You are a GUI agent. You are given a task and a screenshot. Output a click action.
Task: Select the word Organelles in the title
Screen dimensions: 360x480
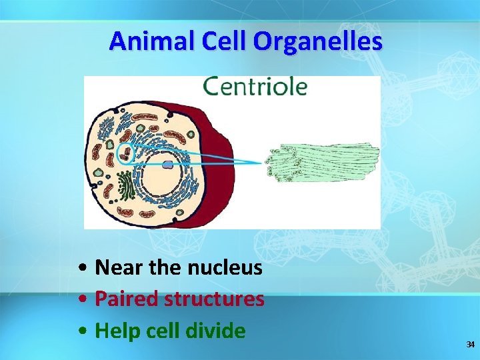(x=318, y=41)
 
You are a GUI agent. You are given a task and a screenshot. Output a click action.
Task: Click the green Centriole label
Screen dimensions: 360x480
(x=255, y=87)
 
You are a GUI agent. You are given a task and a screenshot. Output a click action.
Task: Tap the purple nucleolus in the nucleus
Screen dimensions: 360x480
(x=167, y=164)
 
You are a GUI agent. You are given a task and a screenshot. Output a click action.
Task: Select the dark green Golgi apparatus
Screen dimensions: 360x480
(x=125, y=185)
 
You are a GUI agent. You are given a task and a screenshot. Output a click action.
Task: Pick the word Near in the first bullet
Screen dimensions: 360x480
(x=119, y=268)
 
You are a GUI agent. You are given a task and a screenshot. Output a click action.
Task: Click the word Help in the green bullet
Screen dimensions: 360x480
(x=117, y=331)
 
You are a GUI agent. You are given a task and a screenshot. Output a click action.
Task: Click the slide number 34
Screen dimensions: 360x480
(x=470, y=345)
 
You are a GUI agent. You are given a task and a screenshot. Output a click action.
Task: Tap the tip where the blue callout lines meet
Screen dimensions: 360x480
(x=263, y=162)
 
